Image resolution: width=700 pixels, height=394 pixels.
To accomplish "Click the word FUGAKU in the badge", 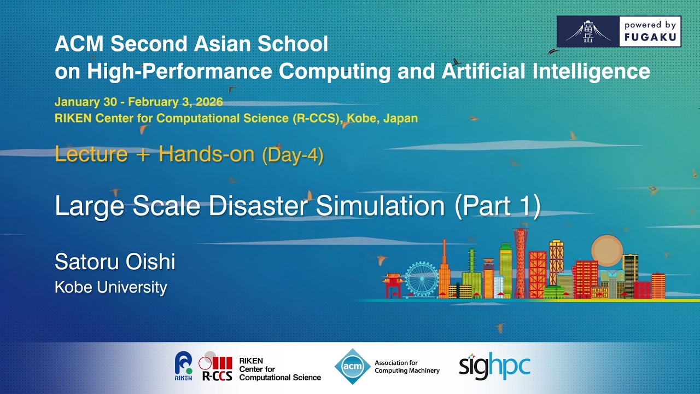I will tap(650, 38).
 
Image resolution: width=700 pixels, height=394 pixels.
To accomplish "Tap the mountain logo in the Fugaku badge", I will tap(588, 32).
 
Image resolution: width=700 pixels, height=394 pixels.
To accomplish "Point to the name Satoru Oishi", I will tap(115, 262).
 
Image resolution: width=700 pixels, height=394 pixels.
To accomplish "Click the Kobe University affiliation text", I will tap(110, 287).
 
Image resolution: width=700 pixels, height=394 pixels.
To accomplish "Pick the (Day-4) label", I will tap(293, 155).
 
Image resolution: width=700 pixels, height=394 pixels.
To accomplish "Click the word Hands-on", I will tap(206, 154).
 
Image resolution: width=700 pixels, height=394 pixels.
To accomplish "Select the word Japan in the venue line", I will tap(401, 118).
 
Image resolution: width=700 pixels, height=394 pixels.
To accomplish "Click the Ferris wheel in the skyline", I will tap(422, 279).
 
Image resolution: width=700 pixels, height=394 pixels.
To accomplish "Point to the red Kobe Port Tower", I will tap(520, 263).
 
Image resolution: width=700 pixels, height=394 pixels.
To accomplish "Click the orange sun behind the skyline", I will tap(607, 250).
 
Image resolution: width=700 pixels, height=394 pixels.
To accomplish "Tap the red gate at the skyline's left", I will tap(393, 285).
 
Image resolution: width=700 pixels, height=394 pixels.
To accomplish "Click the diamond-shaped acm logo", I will tap(352, 366).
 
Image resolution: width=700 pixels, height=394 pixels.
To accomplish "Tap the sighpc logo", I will tap(494, 366).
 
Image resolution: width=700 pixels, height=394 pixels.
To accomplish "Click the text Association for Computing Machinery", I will tap(407, 367).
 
